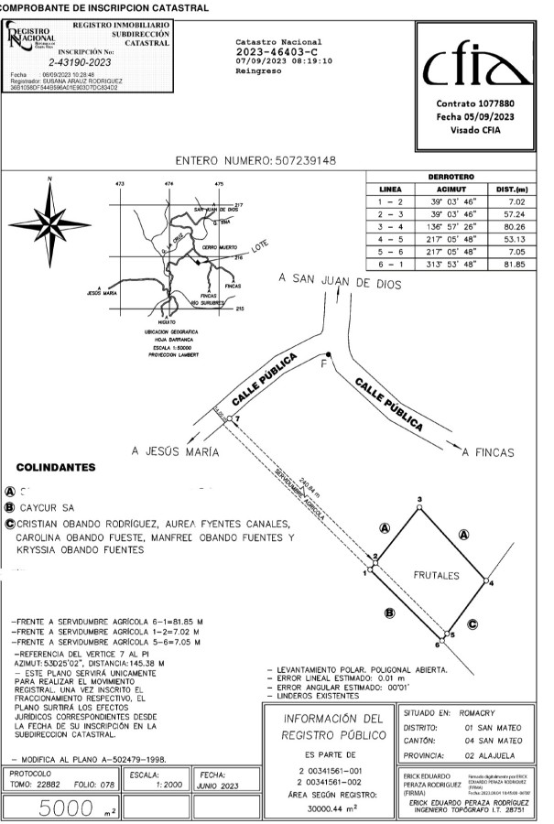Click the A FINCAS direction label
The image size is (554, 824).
click(488, 452)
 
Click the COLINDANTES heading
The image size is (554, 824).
click(56, 468)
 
